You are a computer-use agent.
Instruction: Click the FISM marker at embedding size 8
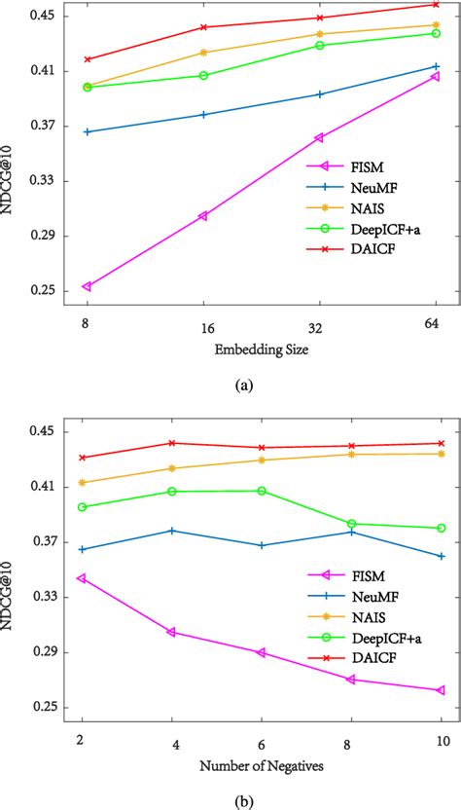[x=87, y=286]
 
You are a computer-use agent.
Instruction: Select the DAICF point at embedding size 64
[x=435, y=4]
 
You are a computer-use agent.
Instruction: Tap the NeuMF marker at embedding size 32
[x=319, y=94]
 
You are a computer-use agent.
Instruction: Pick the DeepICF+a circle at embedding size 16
[x=203, y=75]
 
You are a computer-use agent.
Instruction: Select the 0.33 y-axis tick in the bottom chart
[x=43, y=597]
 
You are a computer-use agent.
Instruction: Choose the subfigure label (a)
[x=244, y=385]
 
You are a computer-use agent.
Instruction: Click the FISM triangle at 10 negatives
[x=441, y=690]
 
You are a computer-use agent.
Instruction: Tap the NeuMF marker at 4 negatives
[x=172, y=531]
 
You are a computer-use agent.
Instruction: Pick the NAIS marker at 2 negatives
[x=83, y=483]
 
